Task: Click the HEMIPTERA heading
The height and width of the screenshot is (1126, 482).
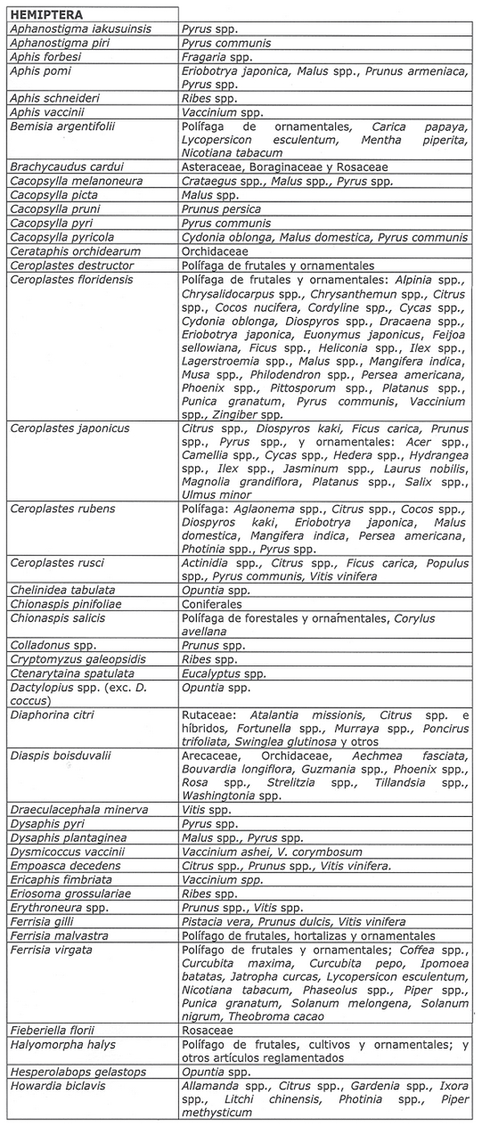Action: tap(47, 14)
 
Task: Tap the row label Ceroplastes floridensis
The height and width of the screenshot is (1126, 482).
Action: tap(71, 279)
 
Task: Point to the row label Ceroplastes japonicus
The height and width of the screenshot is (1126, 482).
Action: tap(70, 429)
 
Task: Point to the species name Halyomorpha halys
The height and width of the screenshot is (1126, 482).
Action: tap(63, 1045)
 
